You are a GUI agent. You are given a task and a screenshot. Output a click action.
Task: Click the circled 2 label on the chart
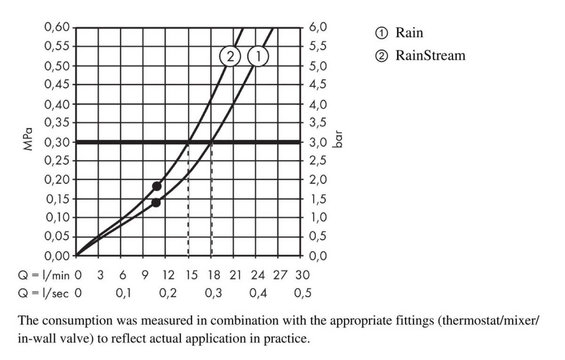pos(230,57)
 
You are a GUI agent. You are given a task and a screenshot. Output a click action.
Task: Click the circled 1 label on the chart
pos(258,57)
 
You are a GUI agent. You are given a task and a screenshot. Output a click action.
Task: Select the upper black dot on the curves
pos(157,186)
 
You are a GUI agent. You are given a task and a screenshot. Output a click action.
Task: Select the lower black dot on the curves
pos(156,202)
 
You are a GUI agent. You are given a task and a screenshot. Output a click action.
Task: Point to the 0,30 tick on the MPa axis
pos(56,142)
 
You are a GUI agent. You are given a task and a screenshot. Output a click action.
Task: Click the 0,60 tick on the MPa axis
pos(56,27)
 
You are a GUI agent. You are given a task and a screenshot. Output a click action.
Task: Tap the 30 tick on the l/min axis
pos(303,275)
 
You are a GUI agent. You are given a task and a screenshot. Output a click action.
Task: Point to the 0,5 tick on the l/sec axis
pos(303,294)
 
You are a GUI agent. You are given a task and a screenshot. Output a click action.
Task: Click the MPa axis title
pos(29,139)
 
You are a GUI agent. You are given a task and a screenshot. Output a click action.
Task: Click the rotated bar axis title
pos(337,140)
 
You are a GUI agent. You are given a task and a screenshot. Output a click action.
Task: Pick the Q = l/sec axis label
pos(43,294)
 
